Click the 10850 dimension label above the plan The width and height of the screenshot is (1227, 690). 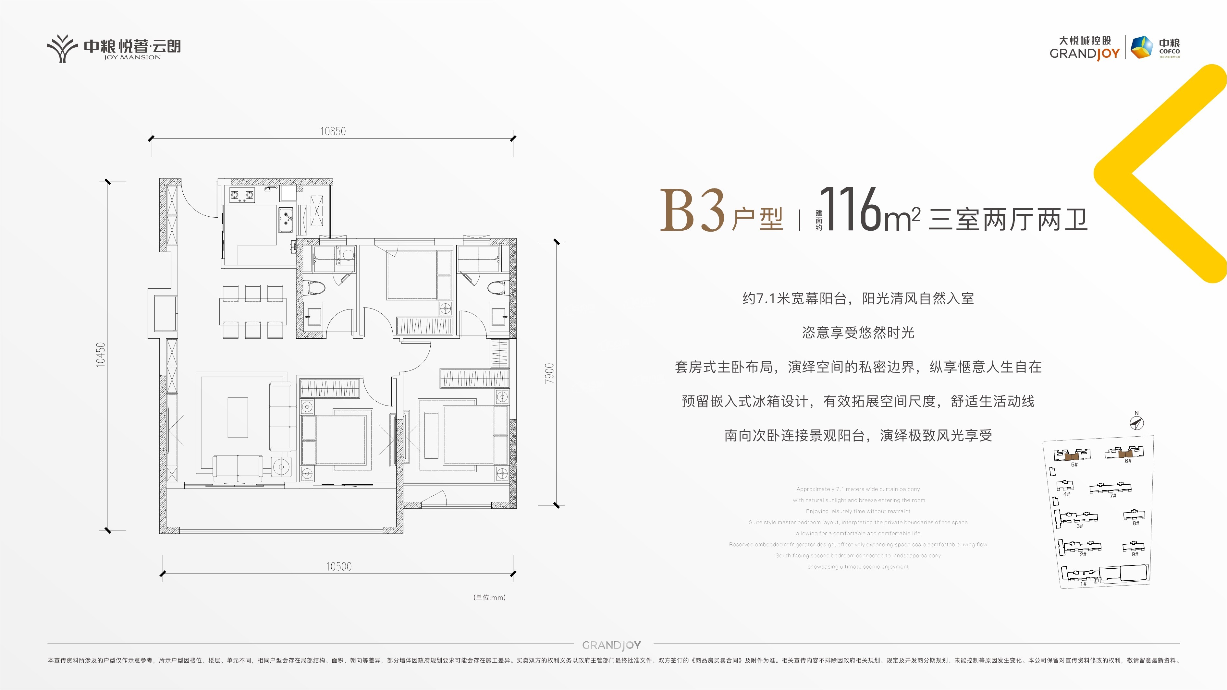point(333,131)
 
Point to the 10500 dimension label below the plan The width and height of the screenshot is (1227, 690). point(339,566)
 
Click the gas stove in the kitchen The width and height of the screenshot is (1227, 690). point(242,195)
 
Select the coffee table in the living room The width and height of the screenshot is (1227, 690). point(238,417)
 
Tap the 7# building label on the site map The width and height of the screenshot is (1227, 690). point(1113,496)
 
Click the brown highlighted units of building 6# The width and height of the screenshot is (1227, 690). point(1125,453)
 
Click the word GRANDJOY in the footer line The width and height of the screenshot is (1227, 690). point(612,645)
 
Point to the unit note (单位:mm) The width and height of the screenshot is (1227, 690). point(489,597)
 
